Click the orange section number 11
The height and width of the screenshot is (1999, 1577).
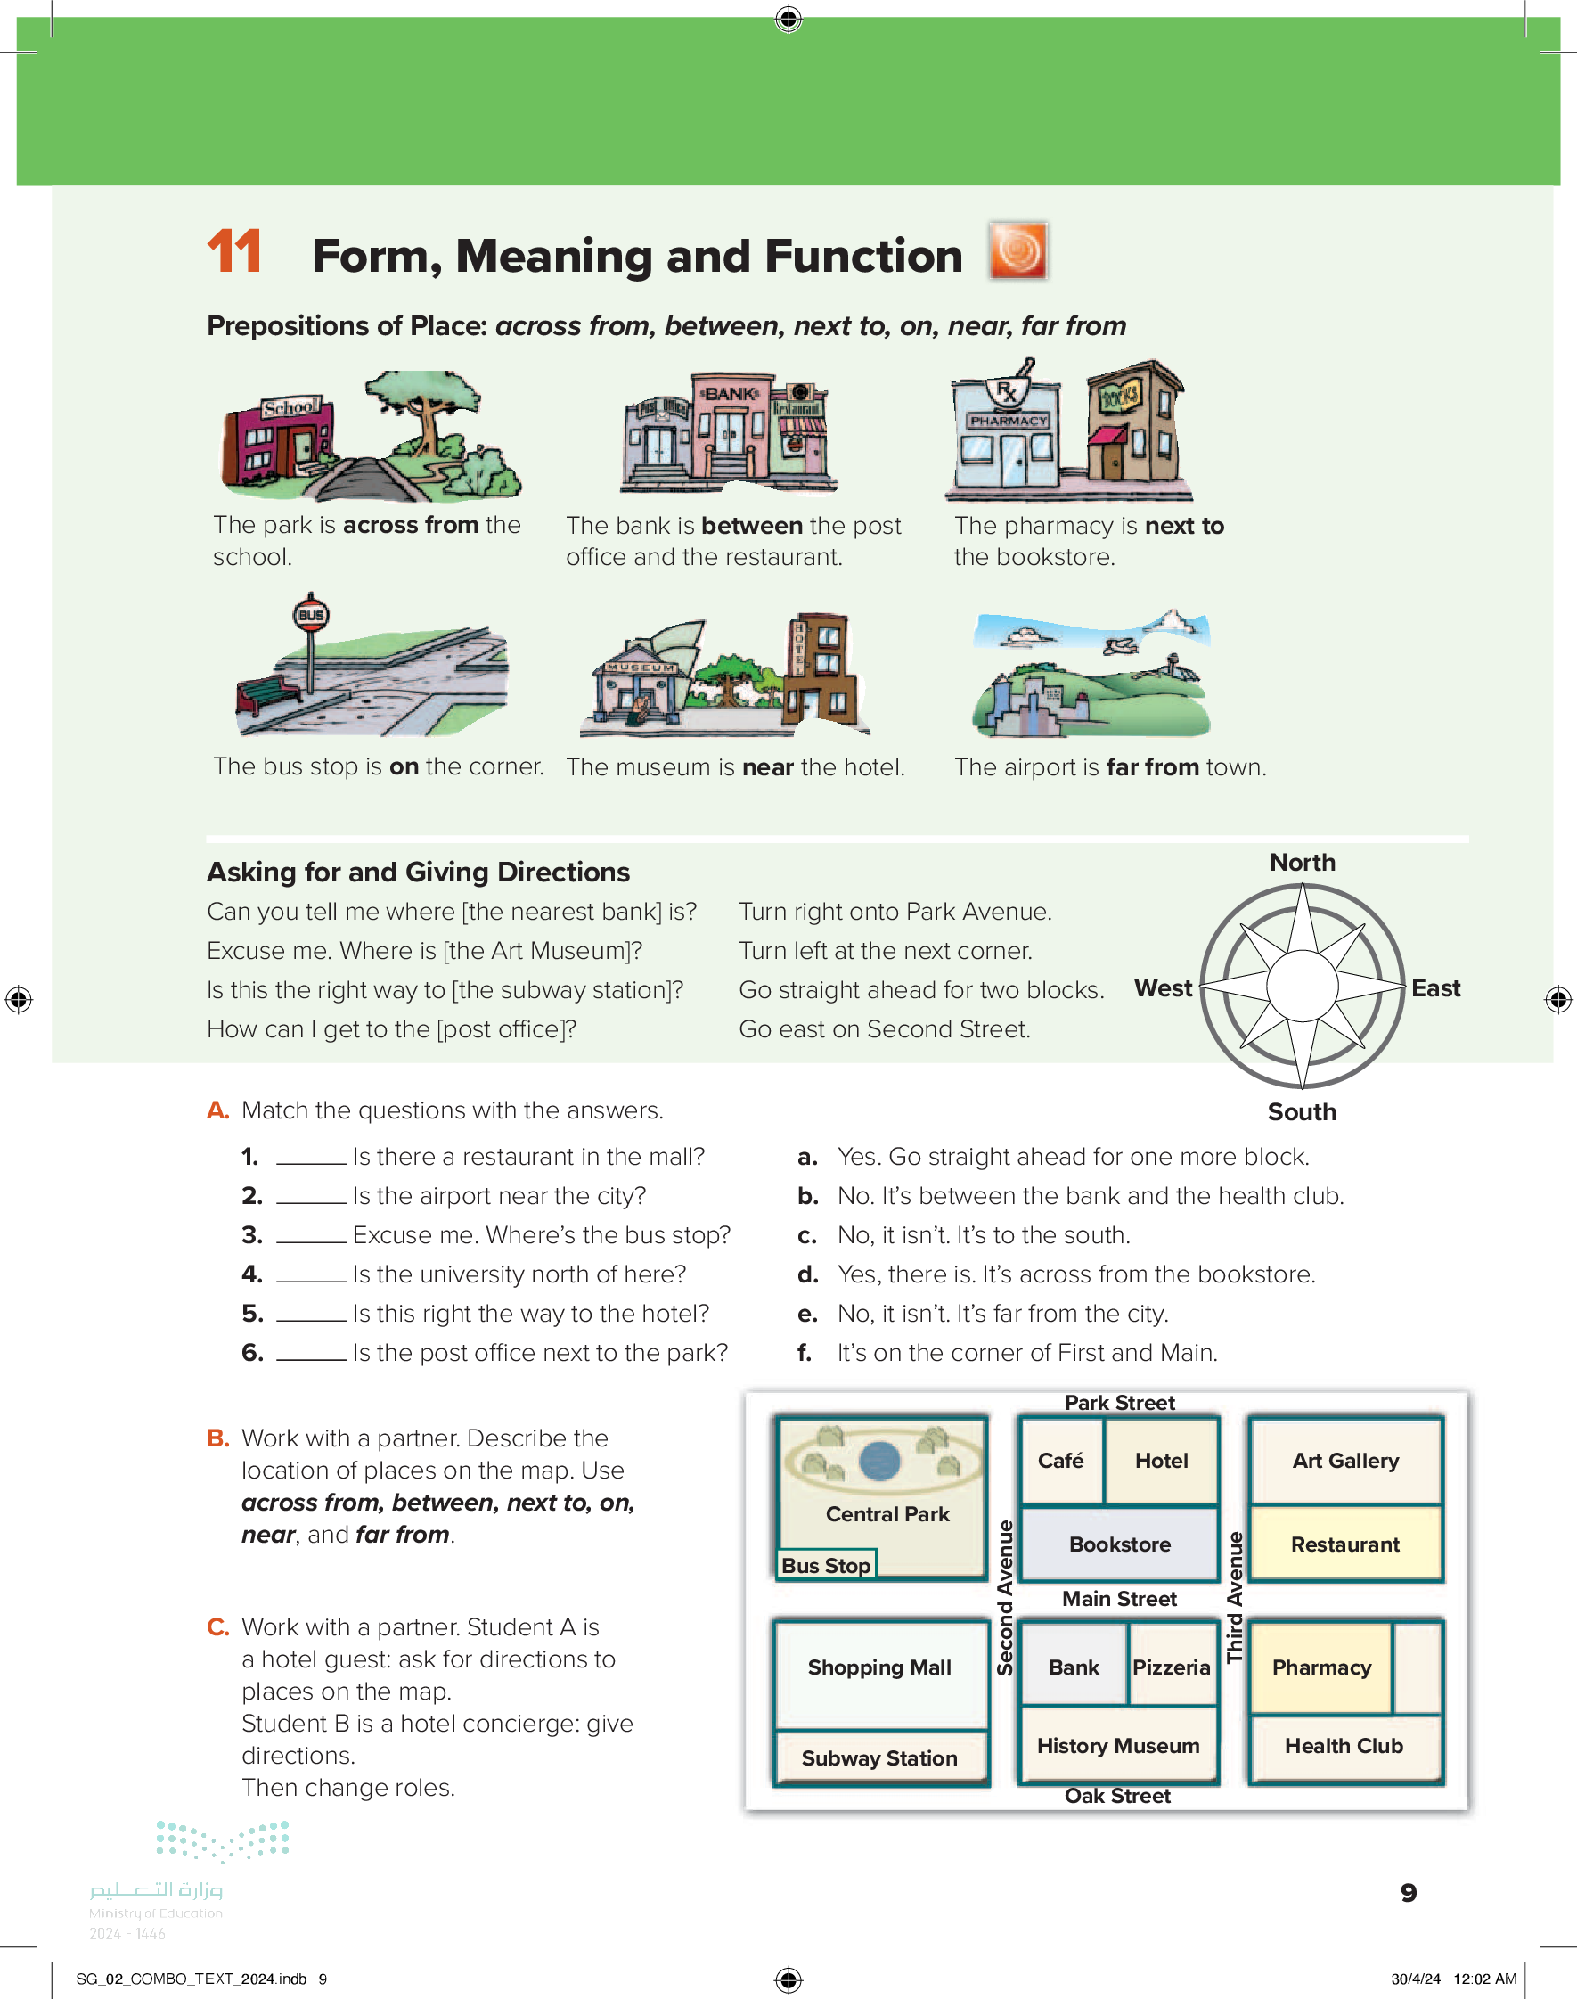(233, 251)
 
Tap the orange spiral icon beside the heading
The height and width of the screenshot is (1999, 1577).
(1017, 250)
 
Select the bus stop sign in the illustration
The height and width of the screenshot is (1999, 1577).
(311, 615)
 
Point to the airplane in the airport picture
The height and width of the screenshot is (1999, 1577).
(1123, 644)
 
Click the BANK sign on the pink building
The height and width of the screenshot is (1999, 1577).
(731, 393)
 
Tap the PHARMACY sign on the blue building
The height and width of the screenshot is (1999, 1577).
(1008, 420)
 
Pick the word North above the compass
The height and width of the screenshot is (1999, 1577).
(1302, 863)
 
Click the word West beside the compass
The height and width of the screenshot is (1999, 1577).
(1163, 988)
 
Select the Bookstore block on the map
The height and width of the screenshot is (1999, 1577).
(1119, 1544)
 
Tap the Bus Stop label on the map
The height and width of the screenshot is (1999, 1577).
(825, 1565)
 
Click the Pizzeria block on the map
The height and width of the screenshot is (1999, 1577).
(1171, 1667)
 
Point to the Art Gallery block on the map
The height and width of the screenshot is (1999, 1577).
(1344, 1461)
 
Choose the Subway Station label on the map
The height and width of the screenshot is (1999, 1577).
(879, 1758)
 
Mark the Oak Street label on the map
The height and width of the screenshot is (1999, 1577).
(1117, 1796)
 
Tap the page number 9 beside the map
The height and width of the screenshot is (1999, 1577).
(1408, 1893)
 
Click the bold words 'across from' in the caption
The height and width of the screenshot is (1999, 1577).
(410, 524)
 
